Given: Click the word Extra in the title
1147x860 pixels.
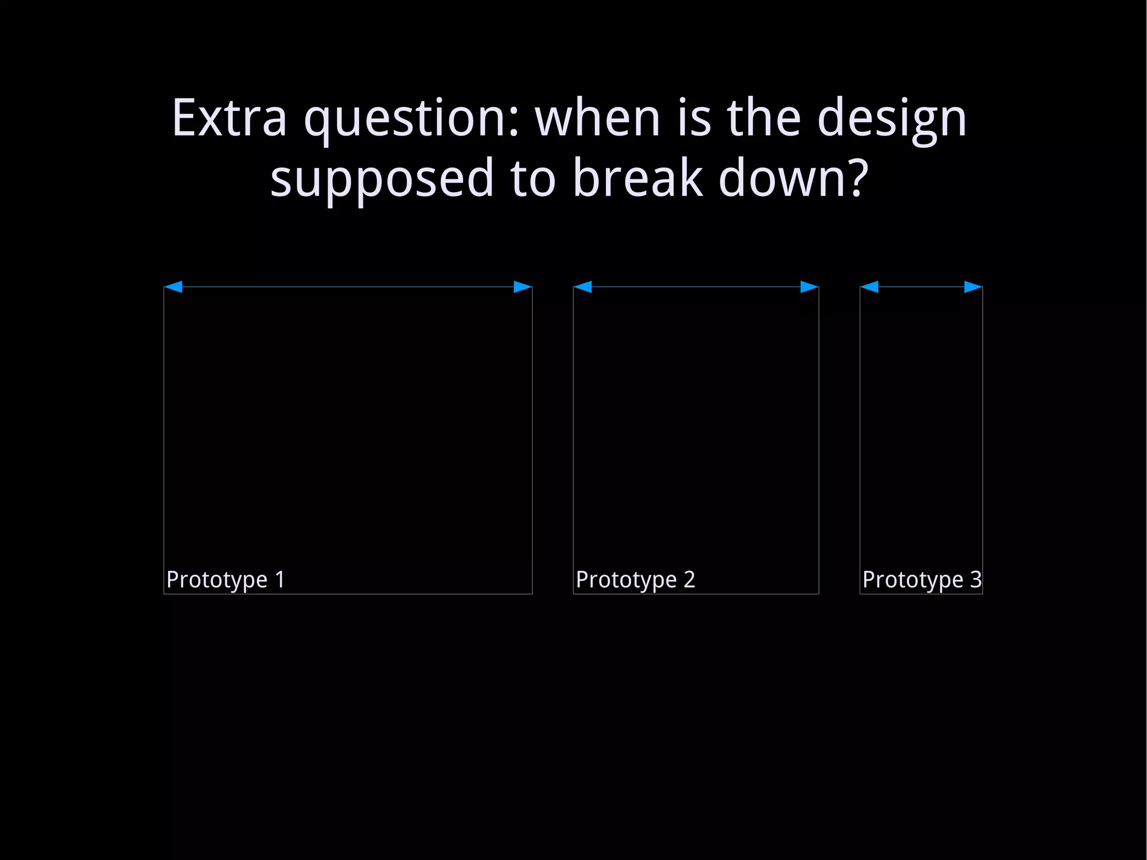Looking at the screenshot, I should click(x=230, y=118).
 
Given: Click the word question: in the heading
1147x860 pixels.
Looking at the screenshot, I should click(x=412, y=119).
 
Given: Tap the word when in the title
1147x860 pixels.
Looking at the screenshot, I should click(x=598, y=118).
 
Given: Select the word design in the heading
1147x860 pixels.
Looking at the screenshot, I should click(x=892, y=119).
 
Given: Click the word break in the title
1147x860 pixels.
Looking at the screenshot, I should click(x=637, y=178).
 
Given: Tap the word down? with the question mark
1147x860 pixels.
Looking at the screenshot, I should click(x=793, y=178).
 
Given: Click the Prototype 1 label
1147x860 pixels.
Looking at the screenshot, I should click(x=226, y=580).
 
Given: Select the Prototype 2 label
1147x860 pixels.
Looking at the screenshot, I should click(x=635, y=580).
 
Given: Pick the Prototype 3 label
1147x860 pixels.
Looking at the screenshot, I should click(x=921, y=580).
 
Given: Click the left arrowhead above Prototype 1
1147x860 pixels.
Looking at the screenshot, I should click(x=173, y=287).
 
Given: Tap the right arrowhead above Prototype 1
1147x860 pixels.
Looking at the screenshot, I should click(x=523, y=287).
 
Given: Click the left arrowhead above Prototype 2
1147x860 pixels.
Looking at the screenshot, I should click(x=583, y=287).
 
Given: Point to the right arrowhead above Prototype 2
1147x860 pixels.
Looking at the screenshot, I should click(x=809, y=287).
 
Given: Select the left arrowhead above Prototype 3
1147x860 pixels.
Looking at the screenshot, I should click(x=869, y=287).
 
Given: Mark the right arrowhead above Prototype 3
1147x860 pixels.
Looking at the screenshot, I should click(x=973, y=287).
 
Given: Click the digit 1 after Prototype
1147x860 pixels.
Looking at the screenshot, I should click(x=279, y=579).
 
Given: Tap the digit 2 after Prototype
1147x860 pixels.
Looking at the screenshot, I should click(x=689, y=579).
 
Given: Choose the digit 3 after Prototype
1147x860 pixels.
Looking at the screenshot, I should click(x=976, y=579).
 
